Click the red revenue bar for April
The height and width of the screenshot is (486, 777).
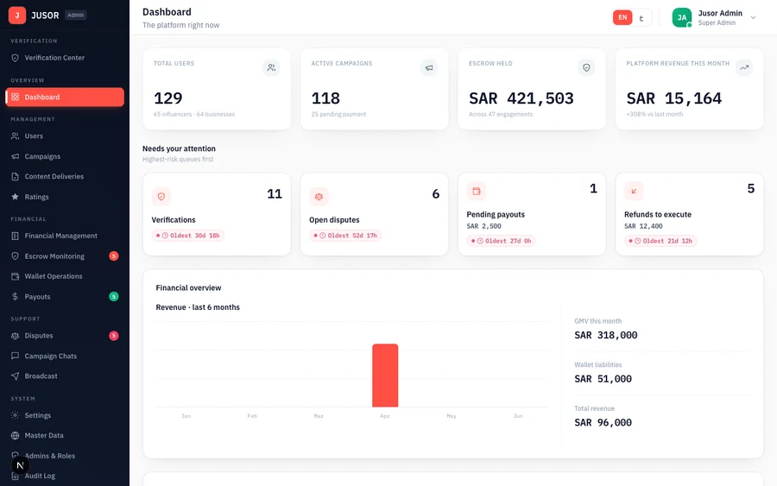point(385,375)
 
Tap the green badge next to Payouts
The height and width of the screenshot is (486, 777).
point(113,296)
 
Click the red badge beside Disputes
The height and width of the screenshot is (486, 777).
point(113,336)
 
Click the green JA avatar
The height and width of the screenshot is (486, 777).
point(682,17)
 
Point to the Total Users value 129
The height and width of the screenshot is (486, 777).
point(168,98)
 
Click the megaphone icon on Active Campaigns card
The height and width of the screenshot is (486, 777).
point(429,67)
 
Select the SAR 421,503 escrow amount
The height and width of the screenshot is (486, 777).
point(521,98)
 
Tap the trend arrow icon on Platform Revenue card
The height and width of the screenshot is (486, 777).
point(744,67)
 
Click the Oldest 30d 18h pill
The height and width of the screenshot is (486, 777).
point(188,236)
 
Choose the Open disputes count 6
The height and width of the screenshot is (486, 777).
point(436,193)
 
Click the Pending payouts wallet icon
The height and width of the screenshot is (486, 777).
point(477,191)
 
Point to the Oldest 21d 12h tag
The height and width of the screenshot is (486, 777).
point(660,241)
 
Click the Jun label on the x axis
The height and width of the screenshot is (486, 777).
point(518,416)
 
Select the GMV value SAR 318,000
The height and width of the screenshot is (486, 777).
point(605,335)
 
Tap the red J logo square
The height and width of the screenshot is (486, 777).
point(17,16)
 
